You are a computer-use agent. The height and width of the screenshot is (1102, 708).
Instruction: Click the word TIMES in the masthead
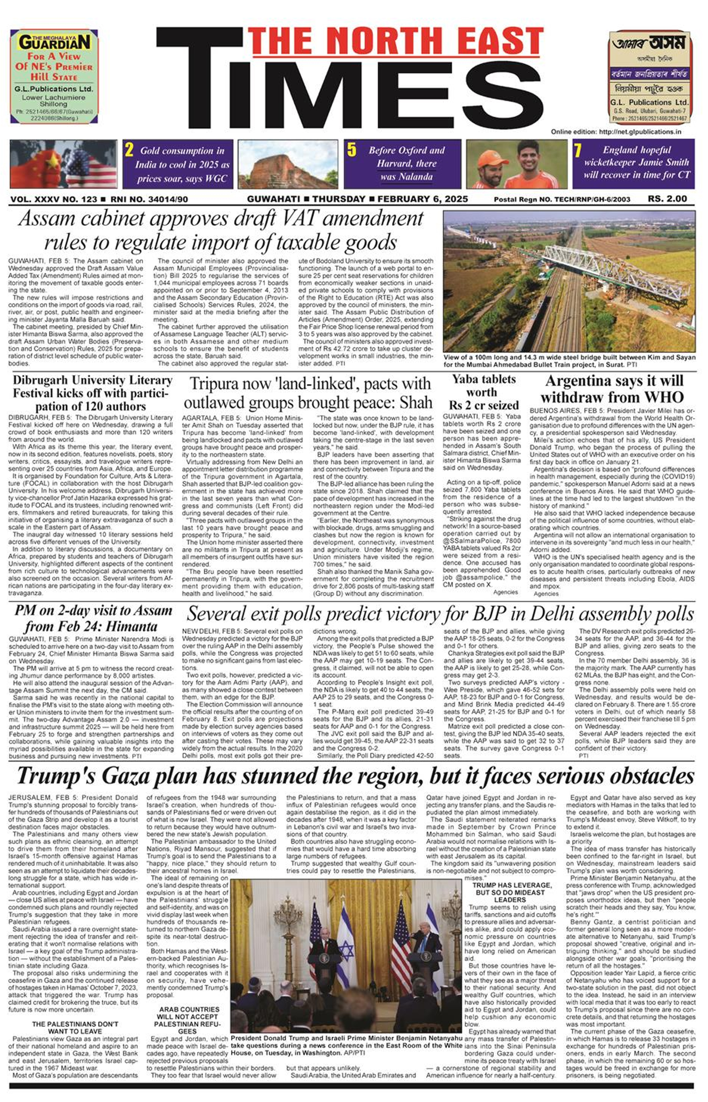coord(349,92)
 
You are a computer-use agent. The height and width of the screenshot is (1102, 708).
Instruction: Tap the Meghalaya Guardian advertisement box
coord(54,76)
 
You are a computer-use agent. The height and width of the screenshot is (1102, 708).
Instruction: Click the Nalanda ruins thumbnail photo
coord(288,164)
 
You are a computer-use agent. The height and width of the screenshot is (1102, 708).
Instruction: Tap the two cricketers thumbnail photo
coord(517,164)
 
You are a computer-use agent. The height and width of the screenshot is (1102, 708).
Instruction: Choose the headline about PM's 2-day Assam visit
coord(92,618)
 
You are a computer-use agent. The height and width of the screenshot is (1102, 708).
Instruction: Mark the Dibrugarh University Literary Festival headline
coord(92,393)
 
